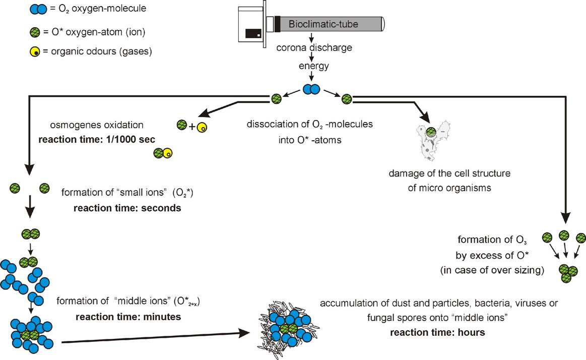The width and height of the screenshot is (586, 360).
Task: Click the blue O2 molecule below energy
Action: tap(311, 90)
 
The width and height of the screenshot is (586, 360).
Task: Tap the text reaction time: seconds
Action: tap(121, 208)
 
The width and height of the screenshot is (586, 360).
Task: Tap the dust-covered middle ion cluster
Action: tap(285, 325)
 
